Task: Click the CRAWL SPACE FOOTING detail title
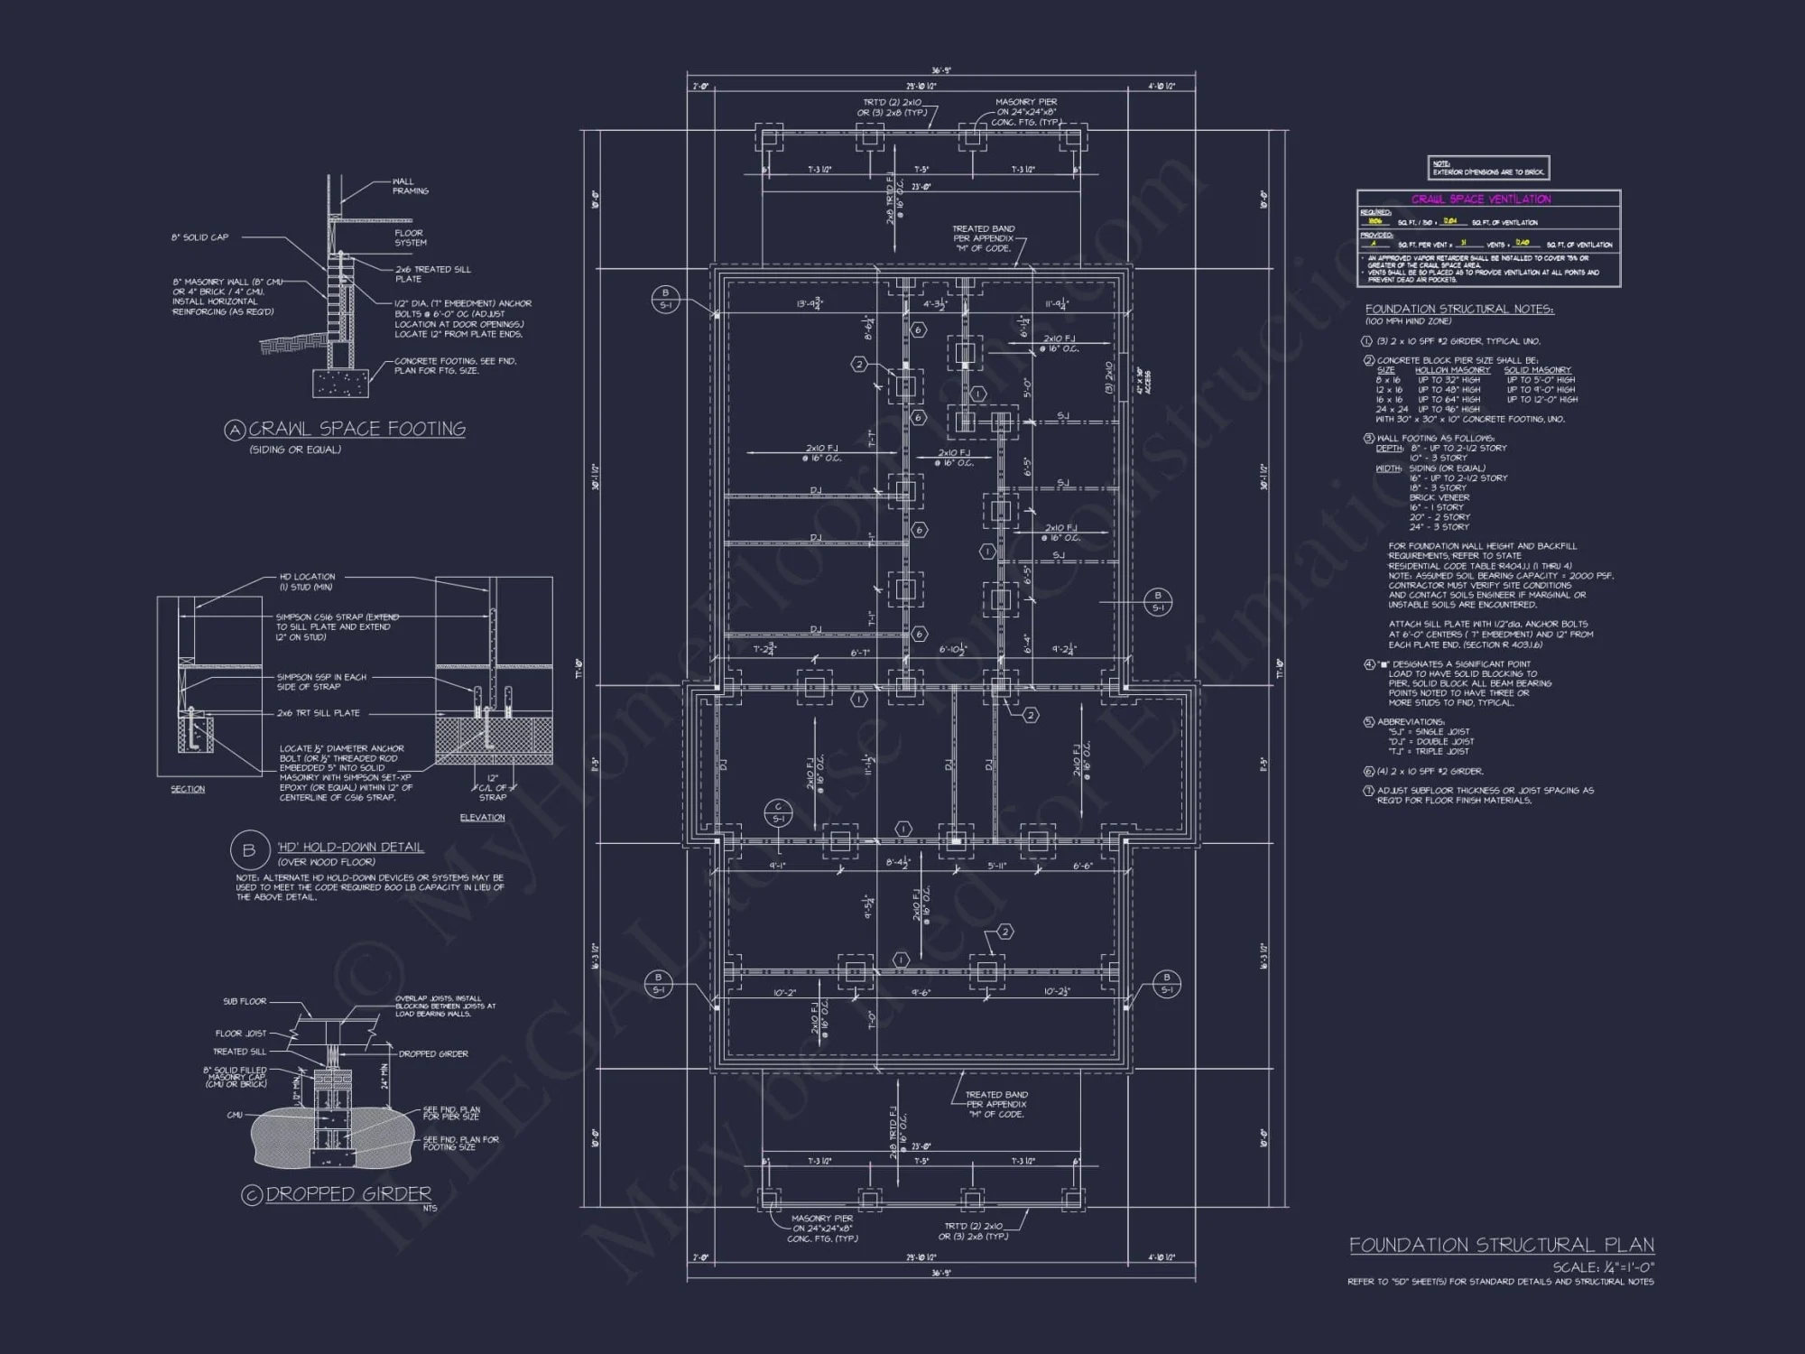[356, 429]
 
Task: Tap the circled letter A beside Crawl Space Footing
[235, 430]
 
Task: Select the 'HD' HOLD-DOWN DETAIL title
[350, 847]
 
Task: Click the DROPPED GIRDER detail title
[348, 1193]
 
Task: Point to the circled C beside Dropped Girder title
[252, 1194]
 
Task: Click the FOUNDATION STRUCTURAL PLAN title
[1502, 1245]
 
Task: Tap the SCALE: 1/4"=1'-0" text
[1603, 1267]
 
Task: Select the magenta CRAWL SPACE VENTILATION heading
[1481, 199]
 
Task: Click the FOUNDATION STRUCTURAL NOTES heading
[1459, 309]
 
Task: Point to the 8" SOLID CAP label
[200, 237]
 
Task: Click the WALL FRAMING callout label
[411, 186]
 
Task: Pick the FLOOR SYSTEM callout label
[411, 237]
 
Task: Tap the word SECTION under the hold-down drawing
[188, 789]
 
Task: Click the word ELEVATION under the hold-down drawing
[482, 817]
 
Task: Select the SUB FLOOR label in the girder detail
[245, 1001]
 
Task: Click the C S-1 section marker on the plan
[778, 812]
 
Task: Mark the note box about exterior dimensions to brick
[1488, 168]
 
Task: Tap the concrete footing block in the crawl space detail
[340, 382]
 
